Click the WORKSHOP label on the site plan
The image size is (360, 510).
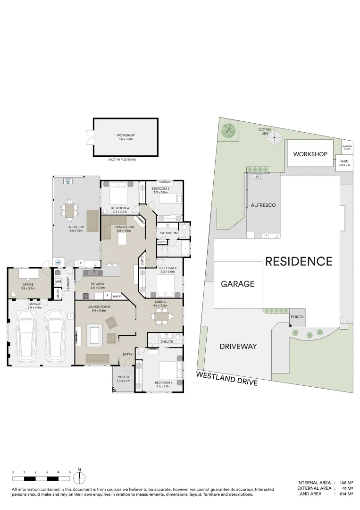point(310,154)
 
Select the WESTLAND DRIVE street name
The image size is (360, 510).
point(227,378)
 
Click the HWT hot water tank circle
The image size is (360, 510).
point(58,262)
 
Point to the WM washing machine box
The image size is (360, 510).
point(58,282)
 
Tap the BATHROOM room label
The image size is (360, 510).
point(168,233)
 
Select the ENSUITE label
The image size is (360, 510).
point(167,341)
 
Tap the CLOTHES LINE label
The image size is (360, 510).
point(265,131)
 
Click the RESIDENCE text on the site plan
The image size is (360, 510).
point(299,261)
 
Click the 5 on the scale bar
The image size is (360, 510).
point(69,472)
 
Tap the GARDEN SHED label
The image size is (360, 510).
point(347,148)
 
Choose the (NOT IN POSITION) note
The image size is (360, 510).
point(122,160)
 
